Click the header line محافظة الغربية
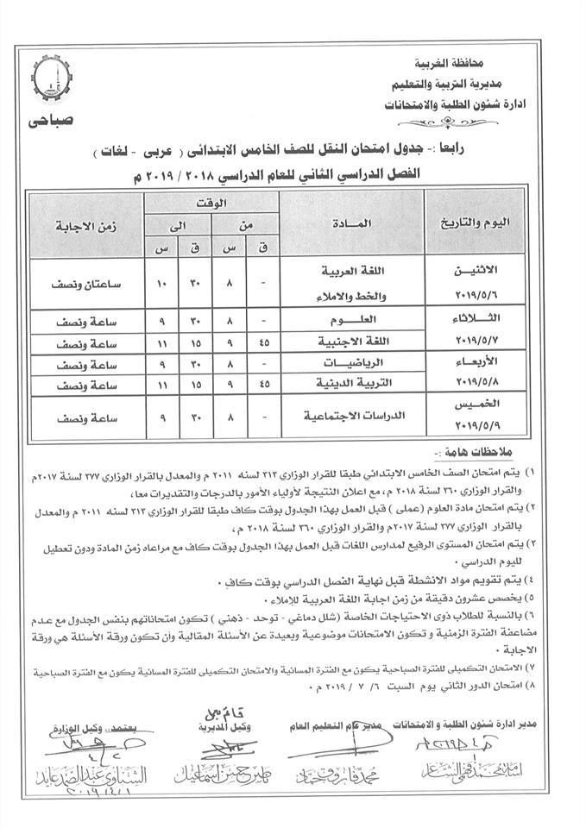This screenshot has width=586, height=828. click(x=499, y=64)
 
